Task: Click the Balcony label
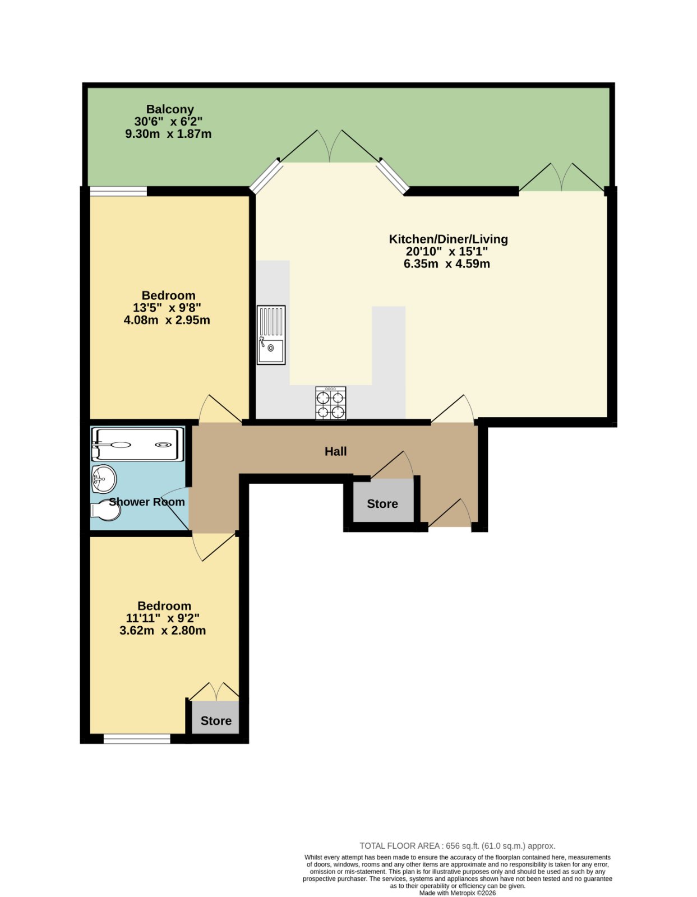tap(169, 109)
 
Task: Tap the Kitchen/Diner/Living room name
tap(448, 239)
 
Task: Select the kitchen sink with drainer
tap(271, 335)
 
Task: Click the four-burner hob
tap(330, 403)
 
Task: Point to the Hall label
tap(335, 452)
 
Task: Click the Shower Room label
tap(147, 502)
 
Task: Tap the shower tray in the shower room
tap(137, 444)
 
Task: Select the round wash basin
tap(104, 479)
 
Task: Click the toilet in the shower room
tap(105, 511)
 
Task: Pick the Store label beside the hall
tap(382, 504)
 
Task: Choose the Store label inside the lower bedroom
tap(216, 721)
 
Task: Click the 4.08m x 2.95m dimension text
tap(167, 320)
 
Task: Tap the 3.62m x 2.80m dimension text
tap(163, 630)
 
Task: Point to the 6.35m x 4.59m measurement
tap(447, 264)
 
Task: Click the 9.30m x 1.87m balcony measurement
tap(168, 134)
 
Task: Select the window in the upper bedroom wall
tap(118, 191)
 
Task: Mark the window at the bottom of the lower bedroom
tap(137, 739)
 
